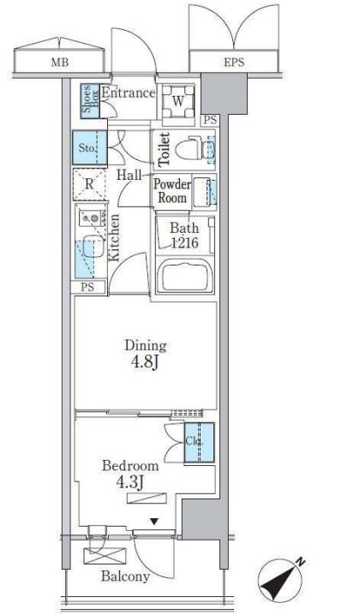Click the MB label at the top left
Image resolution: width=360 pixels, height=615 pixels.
click(60, 63)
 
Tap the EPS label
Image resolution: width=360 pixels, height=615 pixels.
click(234, 62)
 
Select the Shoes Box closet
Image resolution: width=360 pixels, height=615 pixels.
click(90, 101)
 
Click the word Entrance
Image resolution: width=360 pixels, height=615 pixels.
click(129, 93)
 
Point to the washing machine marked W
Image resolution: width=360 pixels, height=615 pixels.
click(178, 101)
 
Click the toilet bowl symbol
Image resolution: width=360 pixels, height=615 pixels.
click(189, 148)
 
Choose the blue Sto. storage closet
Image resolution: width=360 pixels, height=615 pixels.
click(90, 147)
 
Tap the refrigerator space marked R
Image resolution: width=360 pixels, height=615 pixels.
click(89, 184)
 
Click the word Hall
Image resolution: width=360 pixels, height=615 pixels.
click(129, 175)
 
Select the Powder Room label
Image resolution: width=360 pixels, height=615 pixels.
click(172, 191)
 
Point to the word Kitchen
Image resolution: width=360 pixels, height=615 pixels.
click(114, 237)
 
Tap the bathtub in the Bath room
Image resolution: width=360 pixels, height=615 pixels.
click(184, 277)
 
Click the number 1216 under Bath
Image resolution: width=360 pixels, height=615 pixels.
click(184, 243)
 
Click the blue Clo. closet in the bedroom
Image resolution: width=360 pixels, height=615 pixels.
click(200, 442)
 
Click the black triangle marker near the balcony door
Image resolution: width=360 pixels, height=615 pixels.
click(154, 522)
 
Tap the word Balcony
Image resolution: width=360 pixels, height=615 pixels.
click(125, 576)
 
